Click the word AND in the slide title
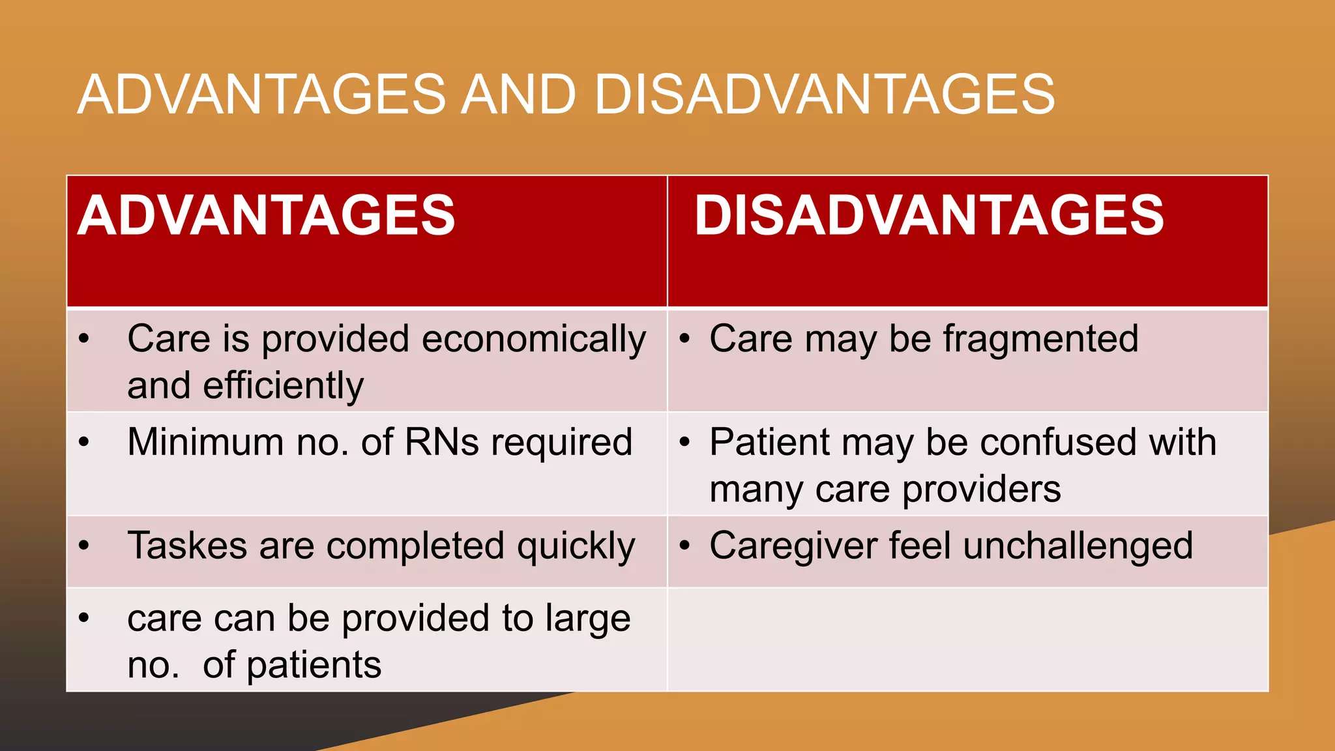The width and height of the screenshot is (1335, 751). [519, 95]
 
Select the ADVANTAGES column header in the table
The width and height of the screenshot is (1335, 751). [266, 216]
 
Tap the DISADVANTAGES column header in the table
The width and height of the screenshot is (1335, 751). [929, 216]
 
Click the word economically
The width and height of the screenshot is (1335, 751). [534, 340]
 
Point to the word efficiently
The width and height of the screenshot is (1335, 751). [283, 386]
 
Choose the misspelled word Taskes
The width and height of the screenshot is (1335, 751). [187, 546]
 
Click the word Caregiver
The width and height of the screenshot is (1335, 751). [793, 547]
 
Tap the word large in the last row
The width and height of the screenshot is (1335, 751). [587, 619]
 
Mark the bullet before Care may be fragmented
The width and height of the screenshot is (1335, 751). [684, 338]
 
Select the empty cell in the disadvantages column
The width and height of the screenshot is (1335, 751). [967, 640]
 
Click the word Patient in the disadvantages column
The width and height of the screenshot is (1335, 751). [769, 442]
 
